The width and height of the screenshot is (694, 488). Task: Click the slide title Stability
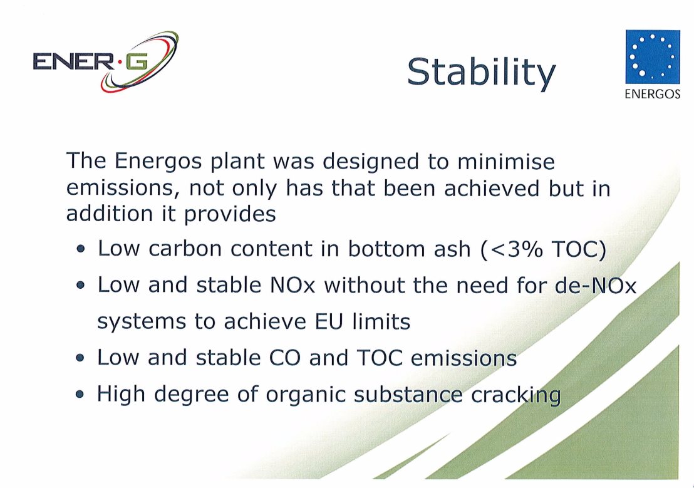481,73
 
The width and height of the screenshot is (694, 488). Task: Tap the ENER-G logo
106,62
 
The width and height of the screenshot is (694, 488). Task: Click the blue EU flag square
653,56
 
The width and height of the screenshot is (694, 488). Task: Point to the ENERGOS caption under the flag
653,94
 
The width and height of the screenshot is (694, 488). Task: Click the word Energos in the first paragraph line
158,162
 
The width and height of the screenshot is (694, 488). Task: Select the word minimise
506,161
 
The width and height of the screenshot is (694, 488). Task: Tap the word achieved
491,188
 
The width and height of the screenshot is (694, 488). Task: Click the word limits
381,321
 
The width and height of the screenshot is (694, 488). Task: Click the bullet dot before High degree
80,394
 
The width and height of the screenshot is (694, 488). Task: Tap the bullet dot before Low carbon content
80,249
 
